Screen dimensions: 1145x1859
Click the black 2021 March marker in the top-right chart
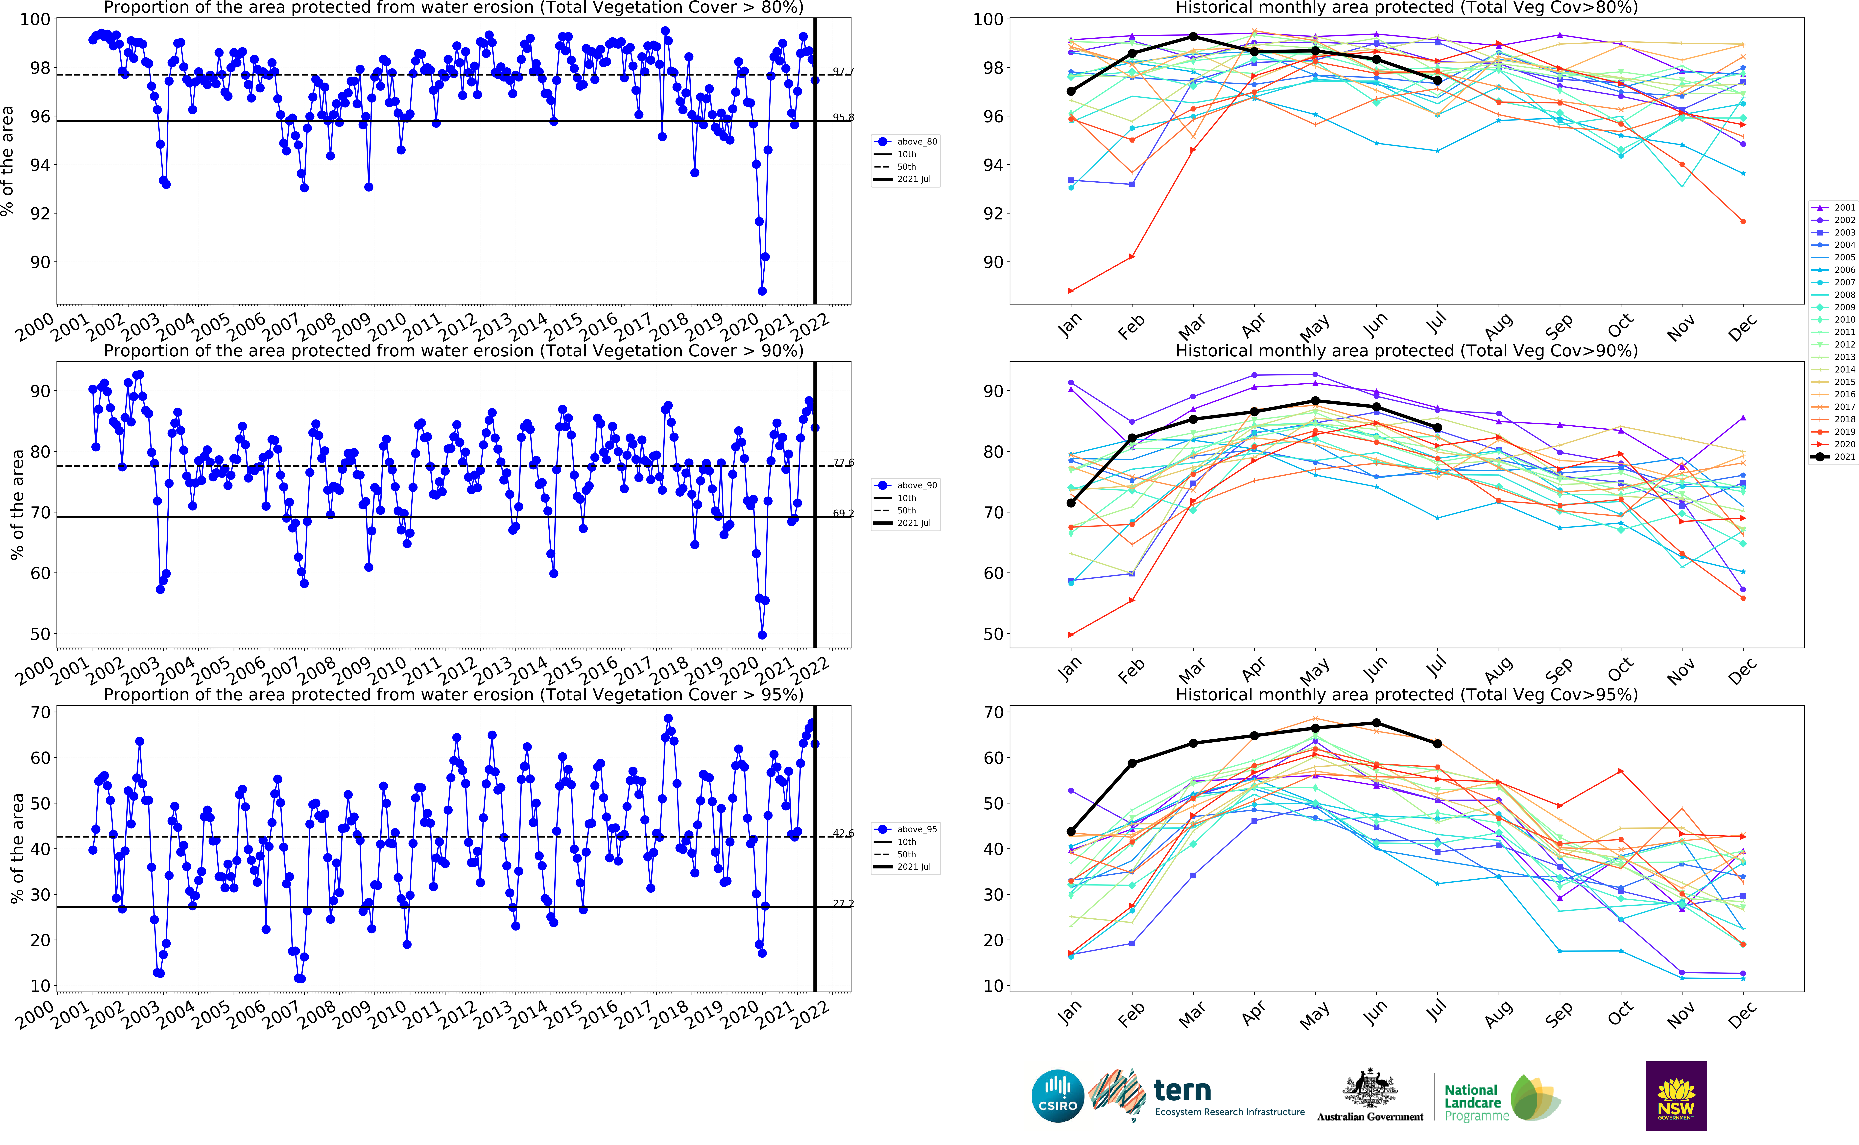tap(1193, 36)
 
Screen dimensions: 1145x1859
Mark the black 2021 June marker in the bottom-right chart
tap(1376, 723)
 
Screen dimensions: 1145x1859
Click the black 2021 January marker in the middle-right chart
tap(1070, 503)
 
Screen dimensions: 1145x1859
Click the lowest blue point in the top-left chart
tap(762, 291)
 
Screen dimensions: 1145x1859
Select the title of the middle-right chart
tap(1406, 351)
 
